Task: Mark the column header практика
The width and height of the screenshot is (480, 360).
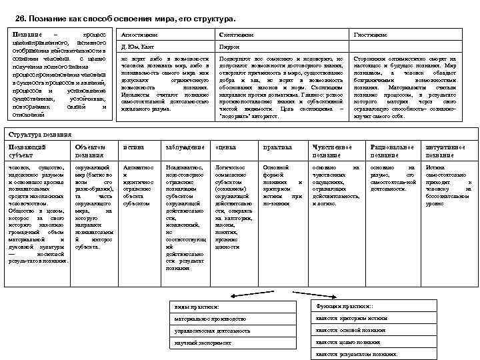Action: point(277,147)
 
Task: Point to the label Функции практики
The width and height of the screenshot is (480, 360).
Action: point(343,305)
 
